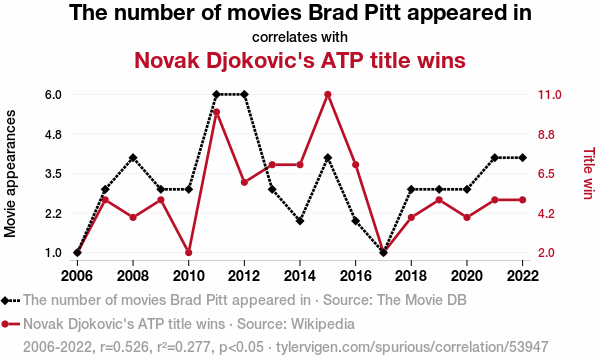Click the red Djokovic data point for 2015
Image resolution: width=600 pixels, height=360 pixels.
pos(328,94)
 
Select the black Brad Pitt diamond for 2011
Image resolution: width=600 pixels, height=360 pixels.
pos(216,94)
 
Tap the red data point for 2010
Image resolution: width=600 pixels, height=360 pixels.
pos(188,252)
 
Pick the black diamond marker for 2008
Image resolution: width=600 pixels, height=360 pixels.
pos(133,158)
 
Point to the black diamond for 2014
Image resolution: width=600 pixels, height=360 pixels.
pos(300,221)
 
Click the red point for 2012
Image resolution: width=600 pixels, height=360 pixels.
pos(244,182)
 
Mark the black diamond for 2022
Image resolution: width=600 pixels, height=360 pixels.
pos(522,158)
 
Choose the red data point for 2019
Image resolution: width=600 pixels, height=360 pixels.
pos(439,200)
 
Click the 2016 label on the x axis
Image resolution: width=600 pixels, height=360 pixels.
pos(355,275)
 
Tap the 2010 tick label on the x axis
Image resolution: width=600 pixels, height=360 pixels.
pos(188,275)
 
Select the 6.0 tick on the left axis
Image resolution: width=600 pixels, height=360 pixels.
pos(53,94)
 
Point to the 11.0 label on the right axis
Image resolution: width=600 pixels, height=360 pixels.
pos(549,94)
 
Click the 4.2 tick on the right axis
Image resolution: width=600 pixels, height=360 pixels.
pos(546,213)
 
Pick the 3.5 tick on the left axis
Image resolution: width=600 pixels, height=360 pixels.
pos(53,174)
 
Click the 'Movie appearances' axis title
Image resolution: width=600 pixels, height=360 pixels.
pos(10,174)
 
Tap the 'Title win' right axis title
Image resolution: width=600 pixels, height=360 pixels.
pos(589,173)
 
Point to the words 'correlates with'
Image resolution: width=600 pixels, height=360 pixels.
pos(300,37)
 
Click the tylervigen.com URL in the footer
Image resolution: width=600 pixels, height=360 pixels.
pos(412,347)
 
